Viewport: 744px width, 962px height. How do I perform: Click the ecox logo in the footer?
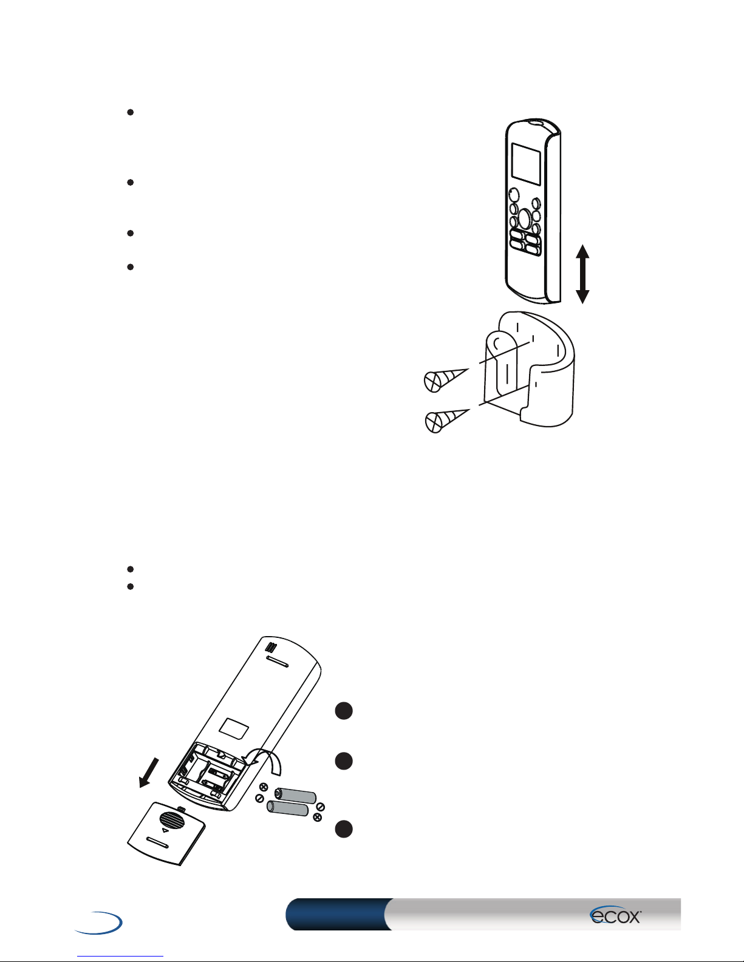[615, 915]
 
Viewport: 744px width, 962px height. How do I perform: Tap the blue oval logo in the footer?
[99, 923]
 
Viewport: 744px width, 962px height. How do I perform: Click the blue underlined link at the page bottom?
[120, 957]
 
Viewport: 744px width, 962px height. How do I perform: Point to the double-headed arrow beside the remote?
[582, 274]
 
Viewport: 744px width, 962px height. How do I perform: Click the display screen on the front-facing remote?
[526, 164]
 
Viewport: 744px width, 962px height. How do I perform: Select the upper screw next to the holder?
[445, 379]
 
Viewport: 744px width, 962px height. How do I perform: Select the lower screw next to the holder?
[446, 419]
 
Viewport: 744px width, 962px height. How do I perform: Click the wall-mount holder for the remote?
[529, 369]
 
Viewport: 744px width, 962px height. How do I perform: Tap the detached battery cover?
[166, 833]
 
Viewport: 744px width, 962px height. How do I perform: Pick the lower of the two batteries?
[287, 809]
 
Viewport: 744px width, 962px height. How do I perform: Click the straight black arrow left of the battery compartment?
[148, 773]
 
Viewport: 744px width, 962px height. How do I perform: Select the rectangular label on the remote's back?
[234, 728]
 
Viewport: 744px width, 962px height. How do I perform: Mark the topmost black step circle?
[344, 711]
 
